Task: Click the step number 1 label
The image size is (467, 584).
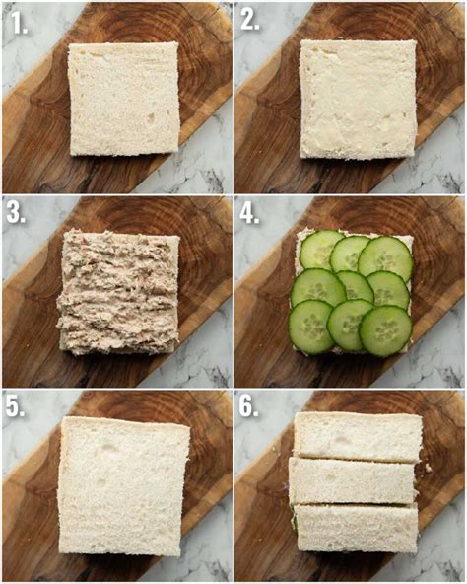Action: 19,22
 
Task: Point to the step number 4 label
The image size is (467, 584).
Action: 249,214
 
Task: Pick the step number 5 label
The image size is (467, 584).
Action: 15,406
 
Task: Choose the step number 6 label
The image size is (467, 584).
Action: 248,406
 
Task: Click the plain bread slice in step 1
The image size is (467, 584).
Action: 124,99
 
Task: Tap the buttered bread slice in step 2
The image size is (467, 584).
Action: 358,99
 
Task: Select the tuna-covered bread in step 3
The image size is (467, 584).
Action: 118,293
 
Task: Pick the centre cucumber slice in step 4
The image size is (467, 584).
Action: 355,287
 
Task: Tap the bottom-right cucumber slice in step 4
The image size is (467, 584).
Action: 386,331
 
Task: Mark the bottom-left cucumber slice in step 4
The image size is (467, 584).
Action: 311,327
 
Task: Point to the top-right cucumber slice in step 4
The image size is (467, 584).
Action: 385,256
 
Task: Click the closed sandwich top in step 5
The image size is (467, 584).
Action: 124,485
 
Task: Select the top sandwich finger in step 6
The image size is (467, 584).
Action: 358,437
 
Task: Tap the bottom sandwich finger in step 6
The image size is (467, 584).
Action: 357,528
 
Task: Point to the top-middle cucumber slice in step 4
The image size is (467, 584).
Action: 350,255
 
